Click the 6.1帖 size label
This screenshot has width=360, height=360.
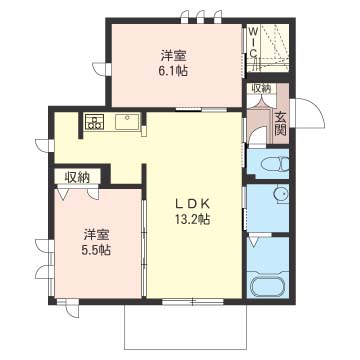point(175,72)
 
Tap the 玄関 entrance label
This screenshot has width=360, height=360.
point(282,122)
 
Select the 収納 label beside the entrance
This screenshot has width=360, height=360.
point(261,89)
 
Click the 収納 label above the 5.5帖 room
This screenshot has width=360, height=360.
point(77,177)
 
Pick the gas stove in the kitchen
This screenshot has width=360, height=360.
point(95,124)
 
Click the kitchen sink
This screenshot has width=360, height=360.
point(128,123)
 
